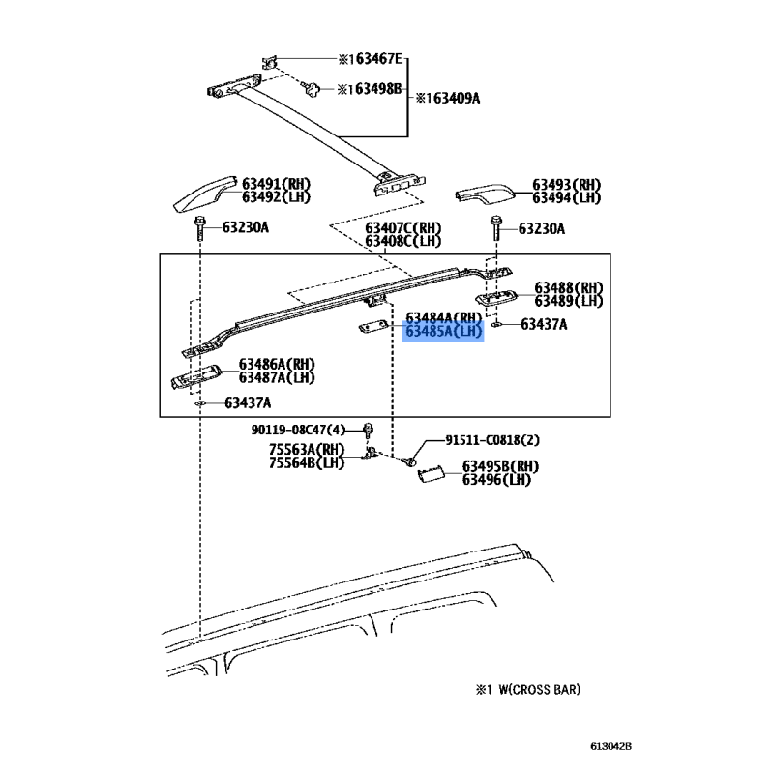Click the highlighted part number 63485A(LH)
(443, 331)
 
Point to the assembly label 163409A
(448, 99)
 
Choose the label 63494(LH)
(566, 197)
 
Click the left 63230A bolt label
(245, 228)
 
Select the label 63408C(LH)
(402, 241)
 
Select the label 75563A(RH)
(306, 450)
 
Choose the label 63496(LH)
(496, 479)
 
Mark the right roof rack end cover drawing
(488, 193)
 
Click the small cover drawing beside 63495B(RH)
(432, 472)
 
